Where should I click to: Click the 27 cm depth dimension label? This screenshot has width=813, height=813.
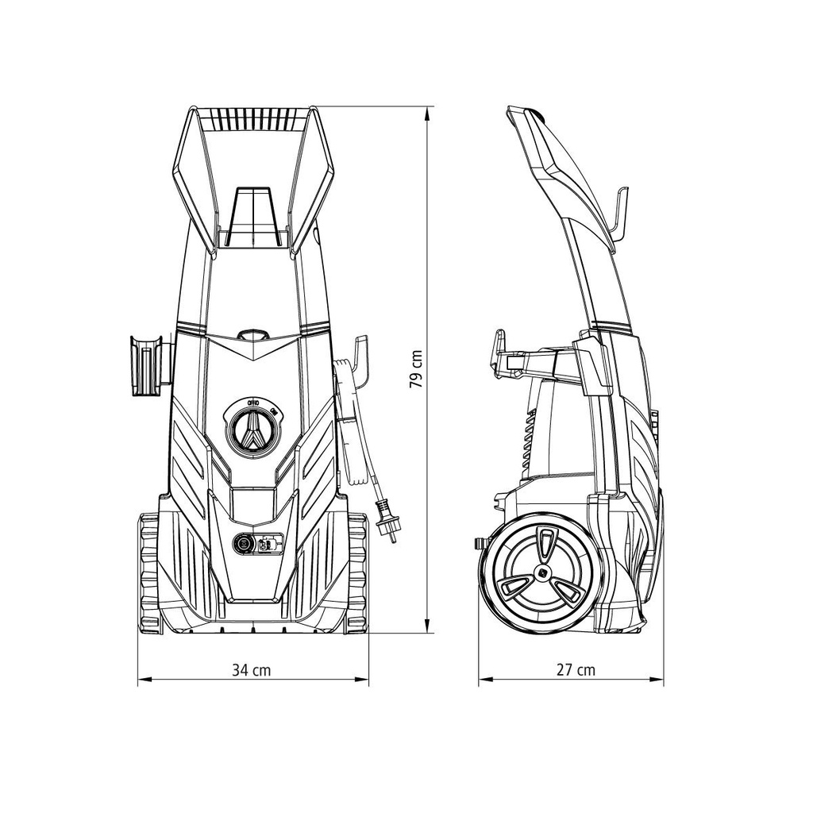576,670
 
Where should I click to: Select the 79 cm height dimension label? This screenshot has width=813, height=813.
415,369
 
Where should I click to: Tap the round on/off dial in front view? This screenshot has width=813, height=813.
252,430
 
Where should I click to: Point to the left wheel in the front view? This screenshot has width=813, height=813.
148,572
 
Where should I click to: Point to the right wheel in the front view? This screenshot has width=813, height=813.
357,572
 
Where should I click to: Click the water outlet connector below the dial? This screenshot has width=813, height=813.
243,544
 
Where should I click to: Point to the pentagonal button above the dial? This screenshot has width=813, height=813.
252,335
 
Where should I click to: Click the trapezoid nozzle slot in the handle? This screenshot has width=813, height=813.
253,214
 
